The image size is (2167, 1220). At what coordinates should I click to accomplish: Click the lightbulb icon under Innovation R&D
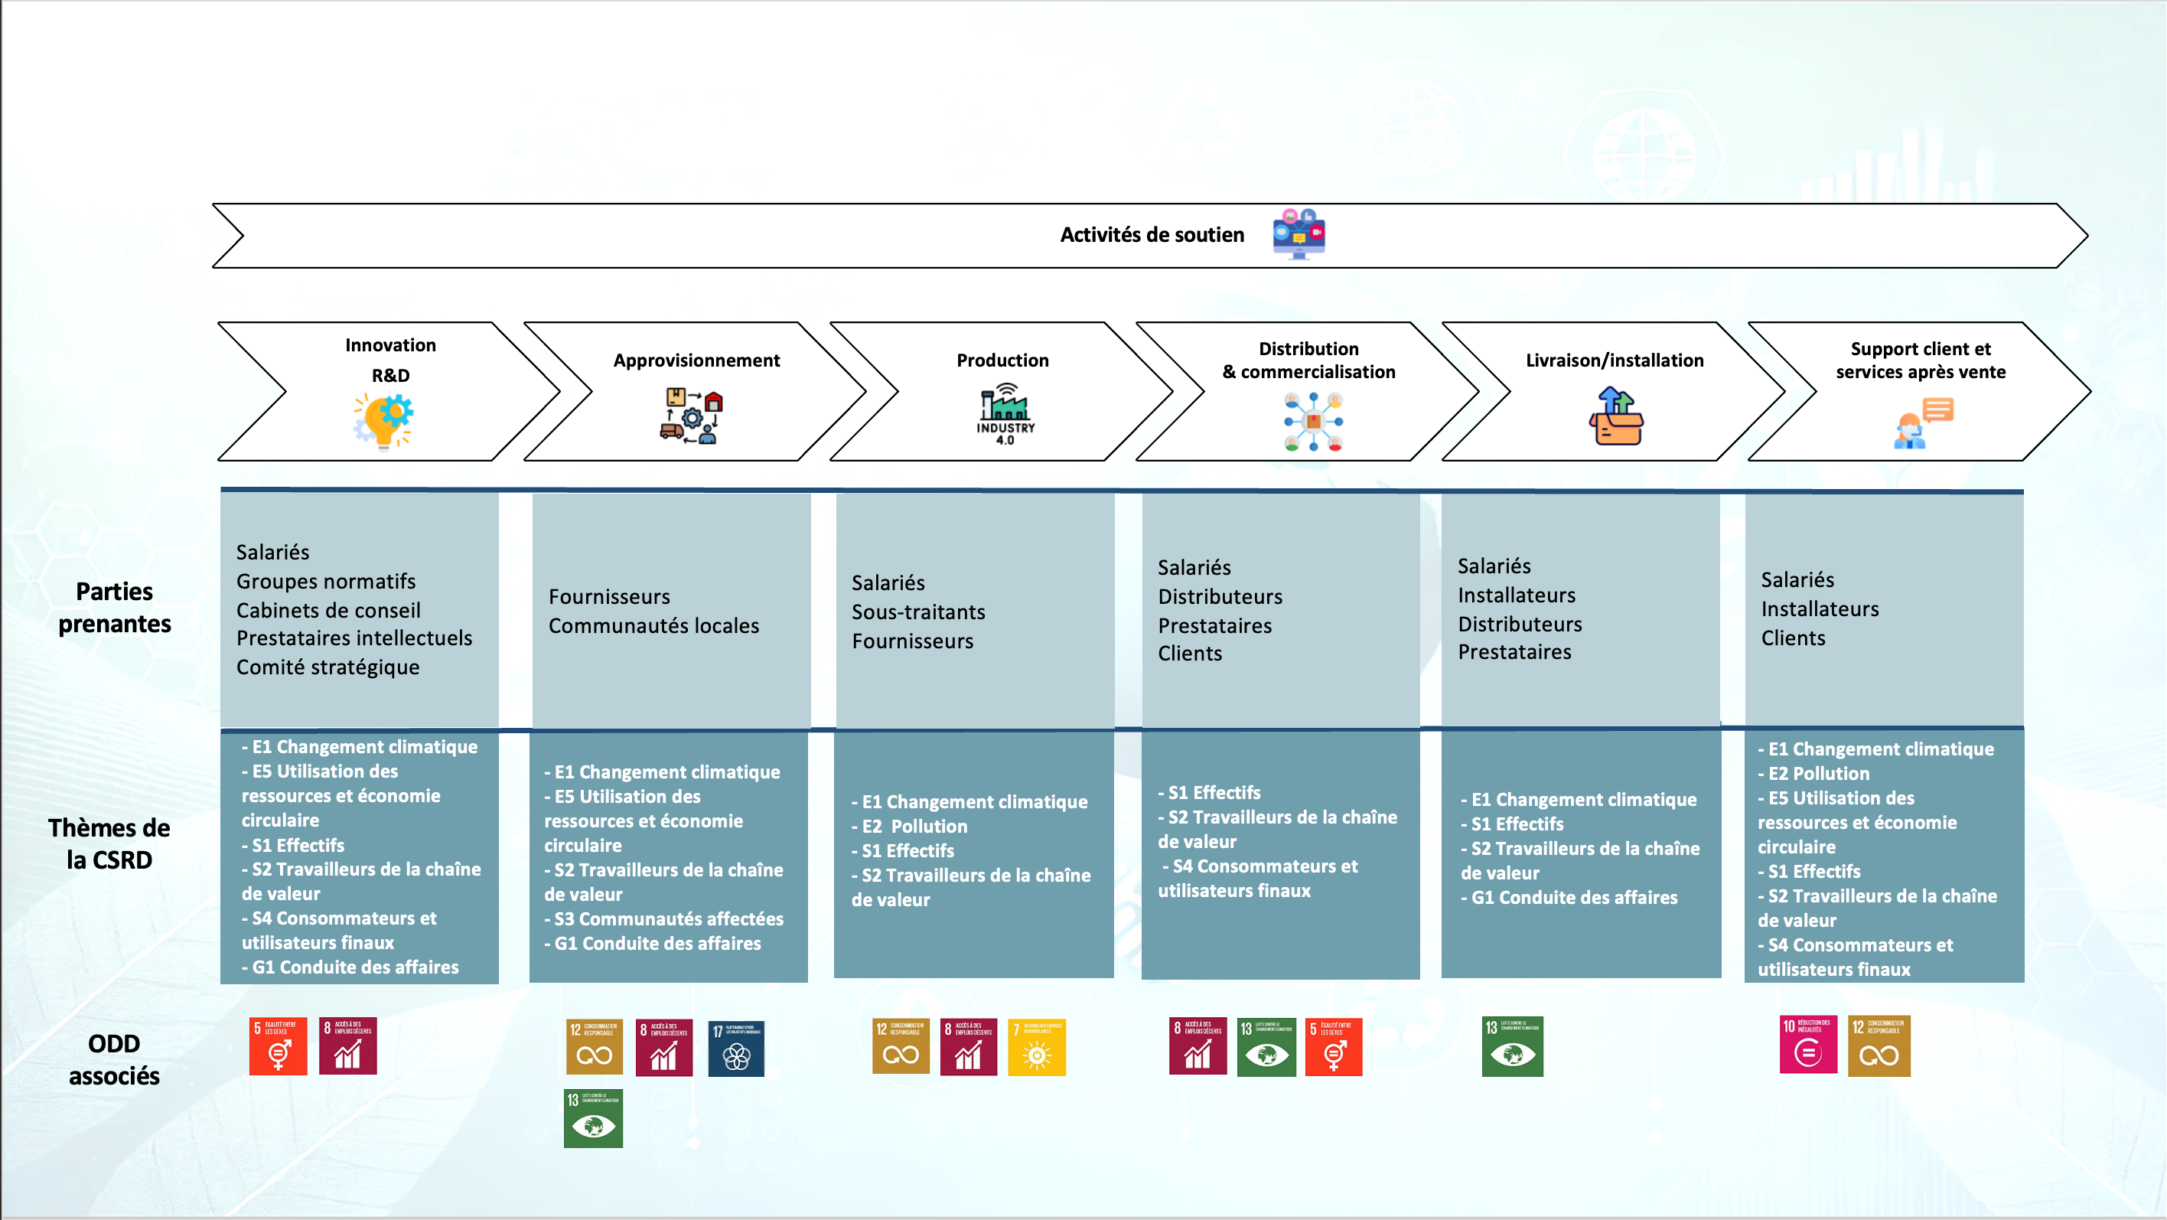click(384, 421)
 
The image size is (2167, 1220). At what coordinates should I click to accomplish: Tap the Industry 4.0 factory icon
click(1005, 413)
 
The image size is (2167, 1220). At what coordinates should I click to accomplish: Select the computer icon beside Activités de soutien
click(1298, 234)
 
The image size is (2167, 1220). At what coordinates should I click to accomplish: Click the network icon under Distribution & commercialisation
click(1313, 422)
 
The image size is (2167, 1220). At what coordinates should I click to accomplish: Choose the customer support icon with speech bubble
click(1923, 423)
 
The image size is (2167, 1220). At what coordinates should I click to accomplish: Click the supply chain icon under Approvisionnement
click(692, 416)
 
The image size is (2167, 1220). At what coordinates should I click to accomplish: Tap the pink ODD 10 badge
click(1808, 1044)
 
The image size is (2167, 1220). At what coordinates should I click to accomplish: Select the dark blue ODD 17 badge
click(736, 1048)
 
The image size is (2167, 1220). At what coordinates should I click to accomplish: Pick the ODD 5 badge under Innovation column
click(278, 1045)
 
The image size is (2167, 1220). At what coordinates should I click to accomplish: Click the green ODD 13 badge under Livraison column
click(1512, 1045)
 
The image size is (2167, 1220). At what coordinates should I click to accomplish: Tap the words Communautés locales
click(653, 626)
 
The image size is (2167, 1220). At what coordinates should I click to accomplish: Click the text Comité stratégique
click(327, 667)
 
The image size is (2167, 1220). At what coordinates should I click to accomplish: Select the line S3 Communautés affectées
click(668, 918)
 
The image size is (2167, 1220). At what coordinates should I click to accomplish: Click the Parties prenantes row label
click(115, 608)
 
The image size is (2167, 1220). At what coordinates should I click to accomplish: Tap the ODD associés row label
click(115, 1059)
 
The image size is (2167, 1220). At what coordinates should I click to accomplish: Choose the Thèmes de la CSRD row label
click(109, 844)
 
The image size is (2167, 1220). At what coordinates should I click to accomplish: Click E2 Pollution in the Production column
click(914, 827)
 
